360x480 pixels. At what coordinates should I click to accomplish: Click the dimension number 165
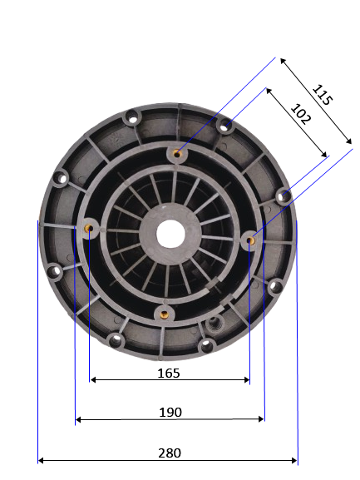[169, 374]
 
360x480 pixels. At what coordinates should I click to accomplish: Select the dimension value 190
[170, 413]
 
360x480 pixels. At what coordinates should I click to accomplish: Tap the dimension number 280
[170, 453]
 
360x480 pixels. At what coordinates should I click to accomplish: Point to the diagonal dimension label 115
[322, 95]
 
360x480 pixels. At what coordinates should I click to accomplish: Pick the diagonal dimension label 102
[300, 114]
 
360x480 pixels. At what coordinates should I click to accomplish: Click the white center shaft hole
[170, 234]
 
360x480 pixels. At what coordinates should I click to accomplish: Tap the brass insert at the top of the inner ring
[177, 154]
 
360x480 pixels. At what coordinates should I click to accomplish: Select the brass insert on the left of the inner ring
[89, 228]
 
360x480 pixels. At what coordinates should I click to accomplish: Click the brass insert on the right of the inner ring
[250, 240]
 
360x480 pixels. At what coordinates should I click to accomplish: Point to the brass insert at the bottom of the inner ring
[165, 314]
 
